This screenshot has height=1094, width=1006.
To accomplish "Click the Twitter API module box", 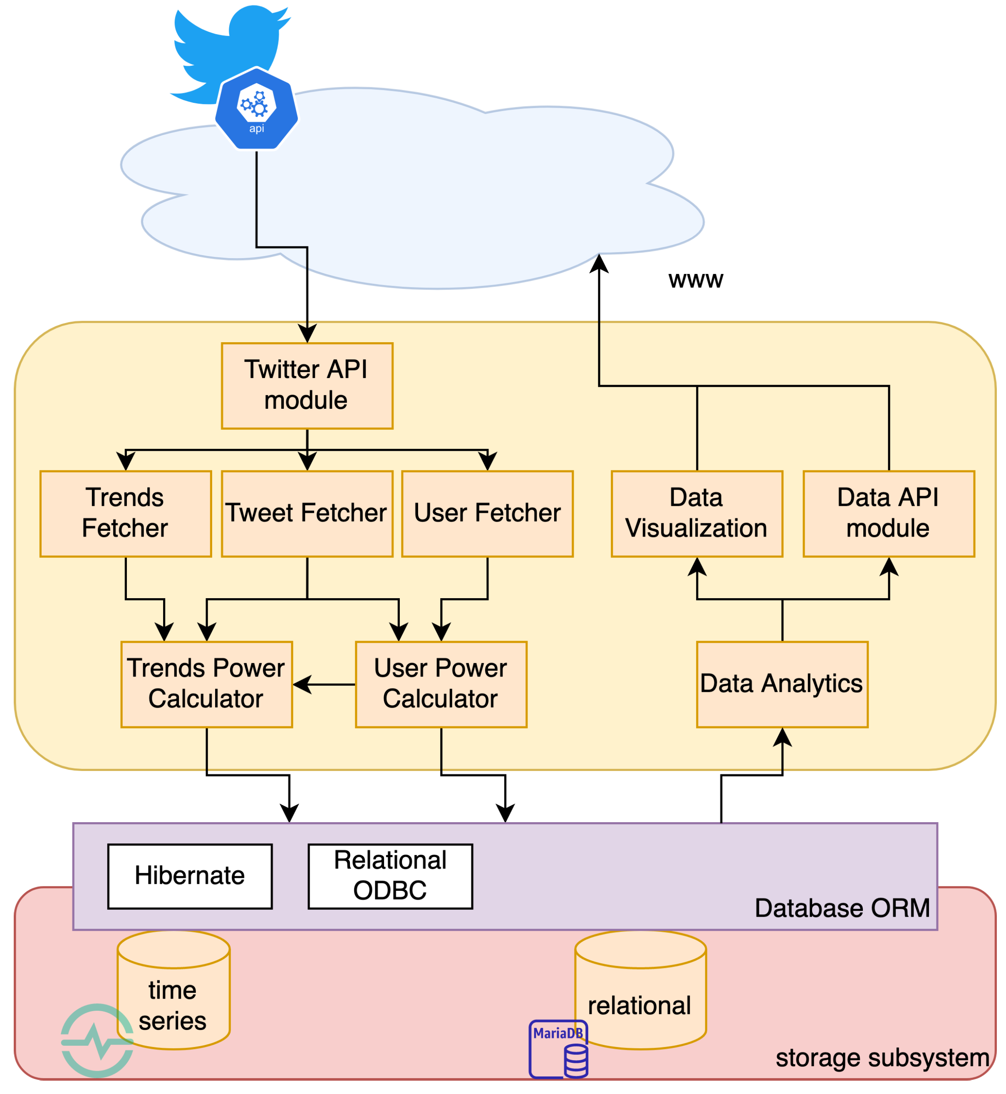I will [x=307, y=385].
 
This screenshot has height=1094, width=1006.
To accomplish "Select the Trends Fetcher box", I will [x=126, y=514].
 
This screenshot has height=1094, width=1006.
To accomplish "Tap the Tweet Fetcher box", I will [x=307, y=514].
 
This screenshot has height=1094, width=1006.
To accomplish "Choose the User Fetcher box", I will [x=487, y=514].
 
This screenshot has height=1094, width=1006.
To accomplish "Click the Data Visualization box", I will [x=697, y=514].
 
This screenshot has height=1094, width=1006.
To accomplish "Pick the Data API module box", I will [x=888, y=514].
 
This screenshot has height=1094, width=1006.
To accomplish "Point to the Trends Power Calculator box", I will [x=207, y=684].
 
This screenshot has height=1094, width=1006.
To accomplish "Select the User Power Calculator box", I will [x=441, y=684].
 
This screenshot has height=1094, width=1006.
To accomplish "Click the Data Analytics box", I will [x=782, y=684].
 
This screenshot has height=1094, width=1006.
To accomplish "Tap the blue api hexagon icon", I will [x=256, y=109].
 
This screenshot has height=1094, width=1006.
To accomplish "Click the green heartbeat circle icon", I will [x=97, y=1041].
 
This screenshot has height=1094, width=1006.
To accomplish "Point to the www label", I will [x=696, y=279].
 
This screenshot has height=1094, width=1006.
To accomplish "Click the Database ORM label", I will [x=842, y=908].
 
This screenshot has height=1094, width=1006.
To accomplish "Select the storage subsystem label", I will [x=882, y=1057].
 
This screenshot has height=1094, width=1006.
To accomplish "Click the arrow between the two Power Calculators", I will [x=325, y=684].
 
